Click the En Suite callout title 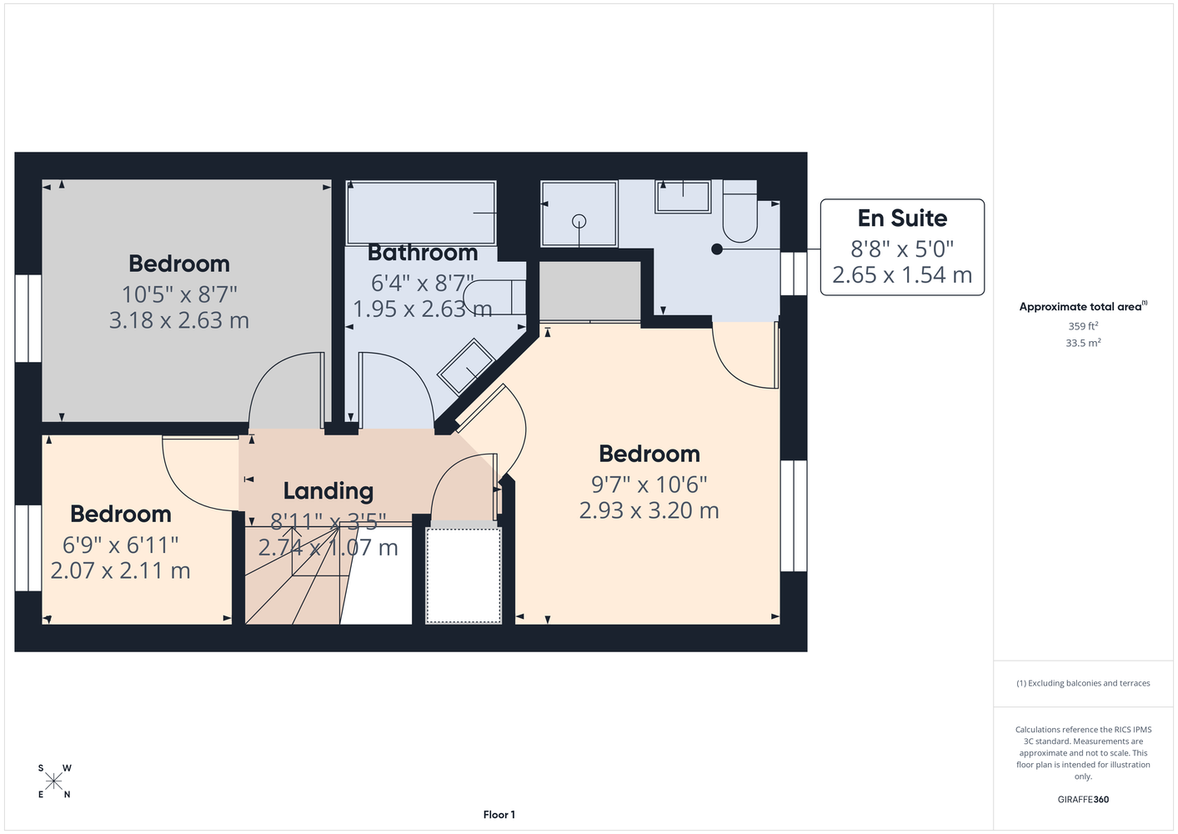[902, 219]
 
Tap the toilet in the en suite [739, 211]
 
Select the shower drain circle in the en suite [579, 222]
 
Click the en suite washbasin [683, 197]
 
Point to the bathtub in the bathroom [421, 214]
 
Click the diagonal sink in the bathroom [466, 366]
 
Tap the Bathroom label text [423, 253]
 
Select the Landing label [328, 491]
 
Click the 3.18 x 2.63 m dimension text [178, 320]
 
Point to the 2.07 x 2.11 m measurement [120, 571]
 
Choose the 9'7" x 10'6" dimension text [649, 485]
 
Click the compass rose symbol [53, 781]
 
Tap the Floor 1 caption [499, 815]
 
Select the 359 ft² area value [1083, 326]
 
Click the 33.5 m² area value [1083, 343]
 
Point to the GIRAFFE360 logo [1083, 799]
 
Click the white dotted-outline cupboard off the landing [464, 575]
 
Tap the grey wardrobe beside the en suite [590, 291]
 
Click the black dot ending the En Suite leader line [717, 249]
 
